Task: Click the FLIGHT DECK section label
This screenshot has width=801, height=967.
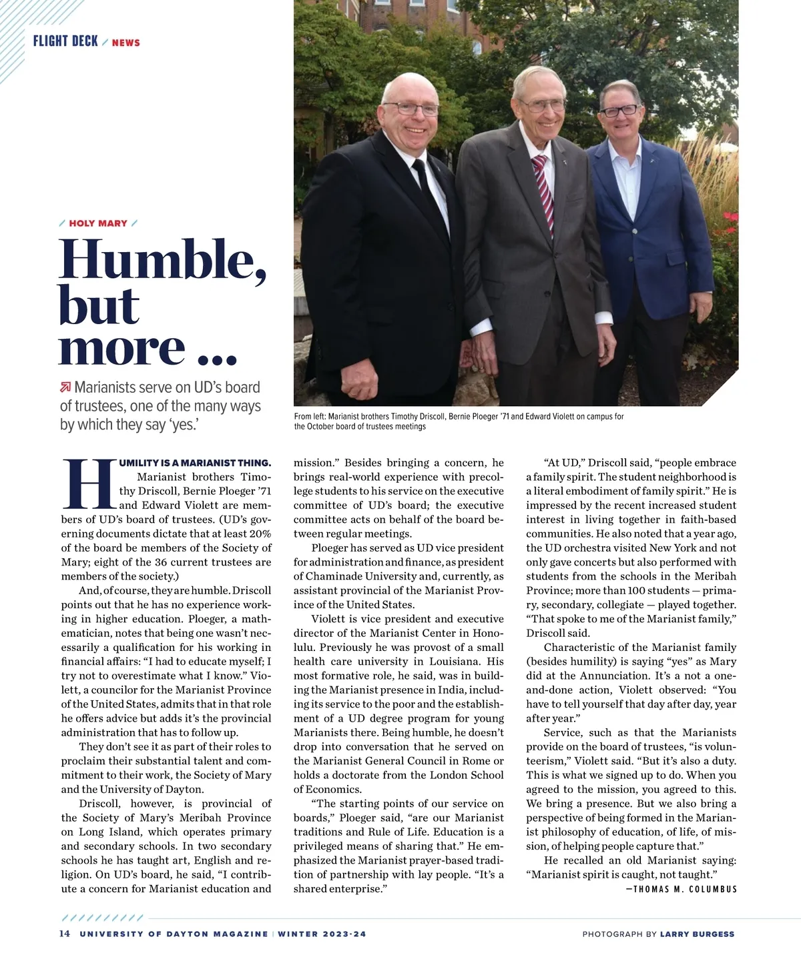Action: tap(65, 41)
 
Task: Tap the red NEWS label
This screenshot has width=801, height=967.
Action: tap(126, 43)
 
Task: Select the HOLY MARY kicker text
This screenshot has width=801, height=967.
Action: tap(98, 223)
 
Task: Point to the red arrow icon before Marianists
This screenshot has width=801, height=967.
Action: tap(65, 387)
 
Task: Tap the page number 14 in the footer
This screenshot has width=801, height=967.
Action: tap(65, 934)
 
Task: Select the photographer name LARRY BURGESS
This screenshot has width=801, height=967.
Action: tap(697, 934)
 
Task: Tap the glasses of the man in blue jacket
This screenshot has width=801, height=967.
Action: tap(619, 111)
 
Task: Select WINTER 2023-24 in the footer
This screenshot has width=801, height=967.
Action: tap(322, 934)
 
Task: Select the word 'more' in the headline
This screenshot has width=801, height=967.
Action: tap(121, 347)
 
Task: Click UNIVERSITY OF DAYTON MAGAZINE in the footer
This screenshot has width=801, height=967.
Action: tap(174, 934)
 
